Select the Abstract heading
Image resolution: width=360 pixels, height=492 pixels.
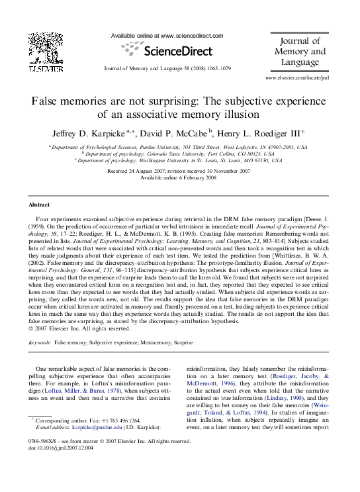[40, 205]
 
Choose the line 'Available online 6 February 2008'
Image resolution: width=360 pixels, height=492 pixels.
[179, 177]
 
